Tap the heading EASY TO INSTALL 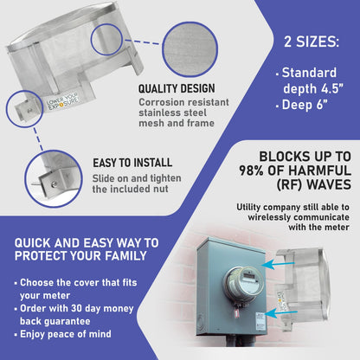click(132, 162)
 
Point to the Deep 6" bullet click(307, 106)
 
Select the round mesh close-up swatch click(190, 47)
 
